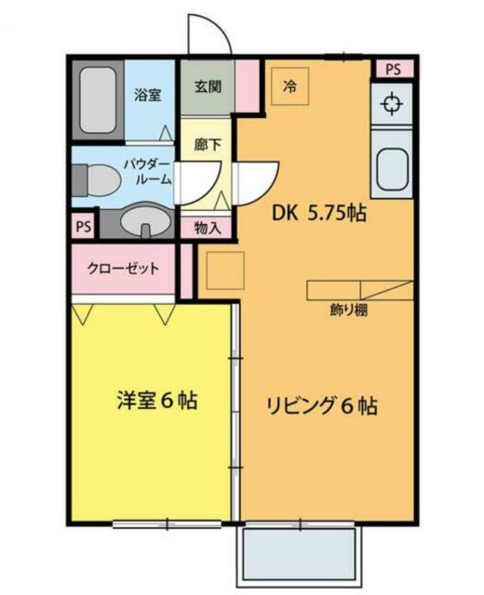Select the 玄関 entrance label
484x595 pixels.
[207, 86]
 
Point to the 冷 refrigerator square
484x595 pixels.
[289, 86]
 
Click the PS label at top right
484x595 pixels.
[392, 69]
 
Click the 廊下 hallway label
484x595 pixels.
[207, 144]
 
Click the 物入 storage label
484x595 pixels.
[207, 226]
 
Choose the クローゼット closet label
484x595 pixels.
[123, 269]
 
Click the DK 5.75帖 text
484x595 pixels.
[318, 213]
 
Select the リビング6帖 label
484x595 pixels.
[322, 406]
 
